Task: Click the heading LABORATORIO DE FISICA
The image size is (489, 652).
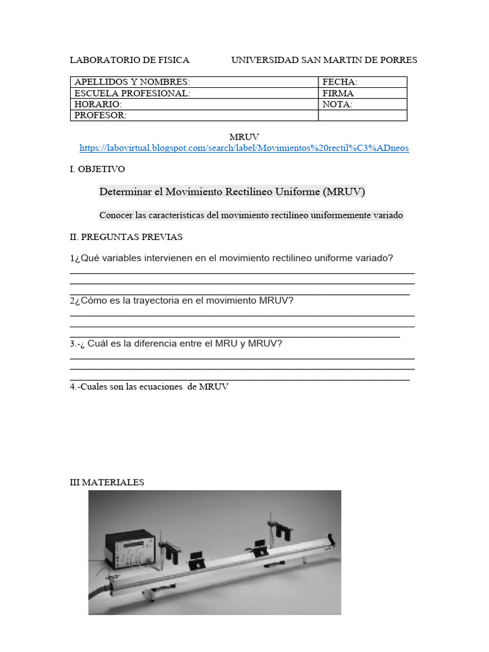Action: click(129, 60)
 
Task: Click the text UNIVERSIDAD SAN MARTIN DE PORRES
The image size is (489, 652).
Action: click(323, 60)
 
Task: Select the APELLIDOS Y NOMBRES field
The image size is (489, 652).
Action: click(194, 82)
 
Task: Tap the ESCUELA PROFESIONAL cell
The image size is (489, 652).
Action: click(194, 93)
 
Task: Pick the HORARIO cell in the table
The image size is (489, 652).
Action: click(194, 104)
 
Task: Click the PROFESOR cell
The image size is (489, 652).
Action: click(194, 115)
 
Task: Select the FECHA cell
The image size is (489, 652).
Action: click(362, 82)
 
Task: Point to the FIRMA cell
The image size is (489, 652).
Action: click(362, 93)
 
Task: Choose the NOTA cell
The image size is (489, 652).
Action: click(362, 104)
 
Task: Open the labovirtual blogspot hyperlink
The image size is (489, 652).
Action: click(244, 148)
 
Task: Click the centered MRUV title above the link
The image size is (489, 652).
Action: click(244, 137)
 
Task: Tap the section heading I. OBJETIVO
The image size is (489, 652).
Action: click(97, 169)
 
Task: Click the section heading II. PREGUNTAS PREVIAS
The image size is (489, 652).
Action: click(126, 237)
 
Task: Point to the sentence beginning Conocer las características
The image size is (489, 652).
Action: click(251, 215)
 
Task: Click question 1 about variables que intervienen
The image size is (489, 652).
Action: click(232, 258)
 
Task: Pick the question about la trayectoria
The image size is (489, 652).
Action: click(182, 300)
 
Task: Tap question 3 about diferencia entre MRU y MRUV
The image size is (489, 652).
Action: click(176, 343)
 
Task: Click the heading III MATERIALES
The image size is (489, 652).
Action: click(107, 482)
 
